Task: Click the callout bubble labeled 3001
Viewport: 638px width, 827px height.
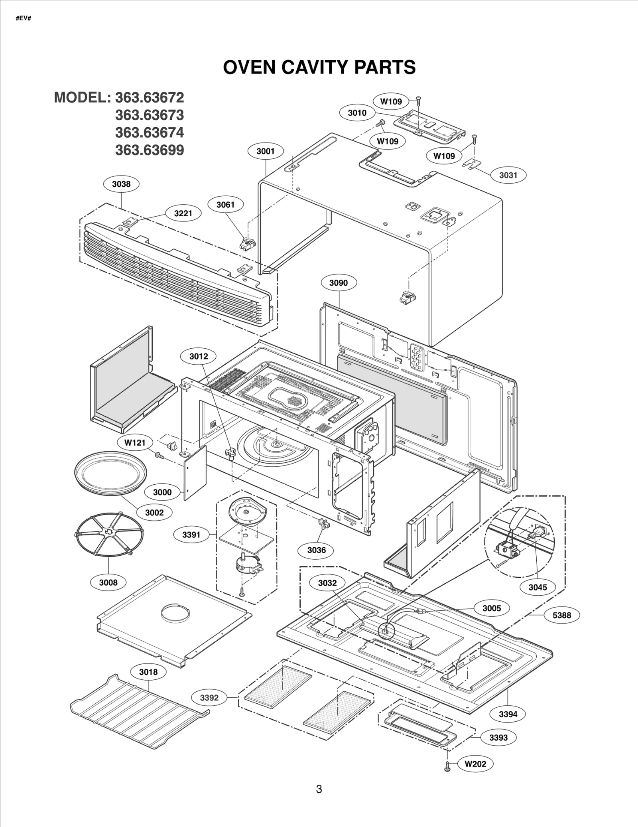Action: [265, 151]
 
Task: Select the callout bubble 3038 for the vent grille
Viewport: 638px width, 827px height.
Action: [121, 184]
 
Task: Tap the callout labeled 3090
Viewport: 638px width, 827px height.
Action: [339, 283]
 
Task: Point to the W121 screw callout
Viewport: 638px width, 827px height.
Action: [135, 442]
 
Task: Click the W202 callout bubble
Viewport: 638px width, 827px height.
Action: [476, 764]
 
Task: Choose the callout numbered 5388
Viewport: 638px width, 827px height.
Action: [561, 615]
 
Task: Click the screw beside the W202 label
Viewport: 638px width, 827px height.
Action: [447, 766]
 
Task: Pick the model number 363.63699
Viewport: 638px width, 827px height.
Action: [150, 150]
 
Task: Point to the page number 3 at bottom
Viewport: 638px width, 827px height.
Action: [319, 789]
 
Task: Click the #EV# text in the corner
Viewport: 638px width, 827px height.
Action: [24, 18]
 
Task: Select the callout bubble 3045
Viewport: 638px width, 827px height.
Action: [538, 587]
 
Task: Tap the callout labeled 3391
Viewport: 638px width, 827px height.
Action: [191, 535]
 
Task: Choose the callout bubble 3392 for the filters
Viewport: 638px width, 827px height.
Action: [209, 697]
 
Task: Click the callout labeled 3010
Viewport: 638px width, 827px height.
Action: [357, 113]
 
